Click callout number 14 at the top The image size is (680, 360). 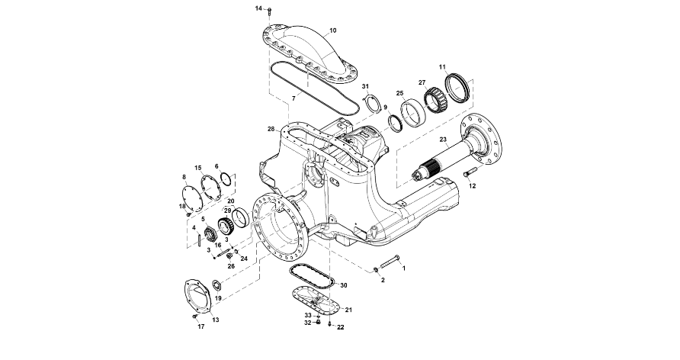[258, 8]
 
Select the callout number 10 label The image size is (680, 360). [332, 31]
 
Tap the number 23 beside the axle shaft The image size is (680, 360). [442, 140]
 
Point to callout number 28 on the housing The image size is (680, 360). [271, 129]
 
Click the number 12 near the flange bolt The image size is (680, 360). [472, 185]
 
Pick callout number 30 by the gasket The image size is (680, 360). [344, 285]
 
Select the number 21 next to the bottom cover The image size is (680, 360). [348, 310]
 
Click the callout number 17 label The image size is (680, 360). [201, 326]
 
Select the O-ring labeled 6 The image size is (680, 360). [226, 180]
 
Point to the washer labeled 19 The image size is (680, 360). [216, 285]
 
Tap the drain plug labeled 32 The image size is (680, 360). [317, 322]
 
